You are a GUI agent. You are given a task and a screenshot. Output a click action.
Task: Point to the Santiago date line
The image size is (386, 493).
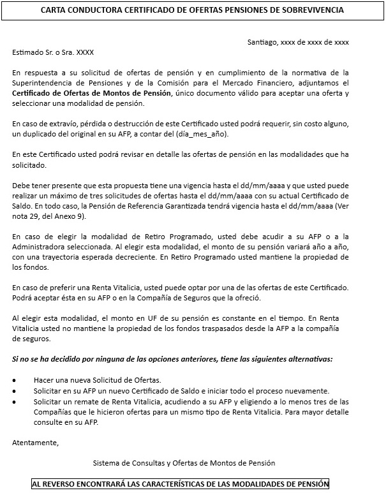(x=298, y=42)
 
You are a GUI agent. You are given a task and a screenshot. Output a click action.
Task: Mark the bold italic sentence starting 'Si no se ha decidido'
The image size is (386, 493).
(x=172, y=359)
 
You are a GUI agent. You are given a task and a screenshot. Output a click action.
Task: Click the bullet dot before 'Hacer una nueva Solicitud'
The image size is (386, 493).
(x=15, y=380)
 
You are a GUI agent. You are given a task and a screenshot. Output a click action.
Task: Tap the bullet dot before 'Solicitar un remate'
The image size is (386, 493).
(x=15, y=401)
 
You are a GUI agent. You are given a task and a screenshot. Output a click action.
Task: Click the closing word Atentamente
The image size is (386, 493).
(x=35, y=442)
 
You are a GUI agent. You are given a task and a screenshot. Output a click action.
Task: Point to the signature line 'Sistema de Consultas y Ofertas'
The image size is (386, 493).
(x=184, y=463)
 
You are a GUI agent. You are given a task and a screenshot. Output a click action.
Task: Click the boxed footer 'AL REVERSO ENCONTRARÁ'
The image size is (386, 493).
(x=180, y=484)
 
